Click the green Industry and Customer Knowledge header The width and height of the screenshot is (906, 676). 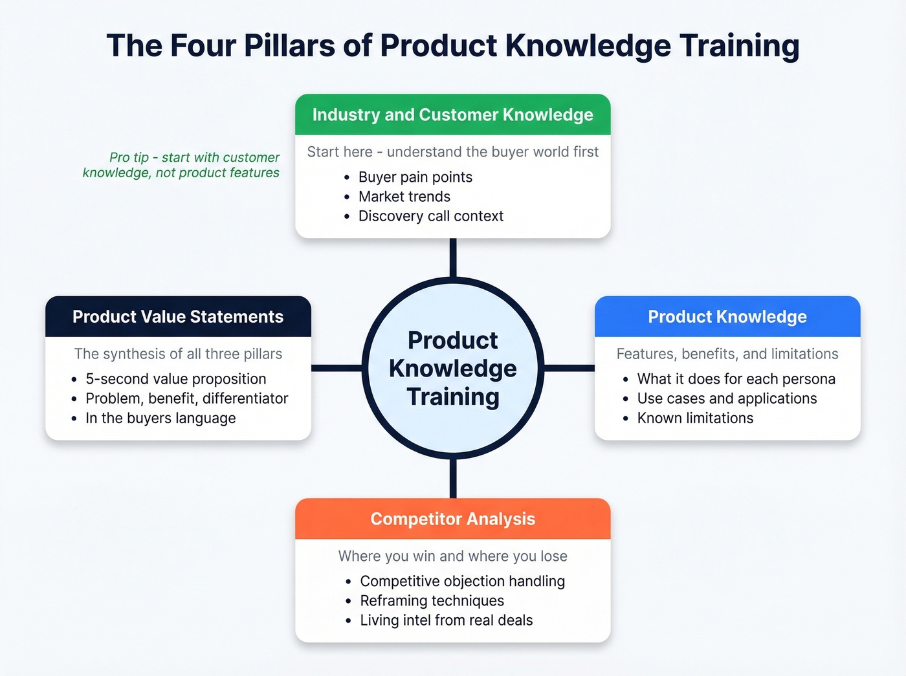[x=452, y=114]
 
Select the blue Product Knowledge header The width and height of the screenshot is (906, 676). [x=727, y=316]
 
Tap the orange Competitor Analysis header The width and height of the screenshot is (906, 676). [x=452, y=519]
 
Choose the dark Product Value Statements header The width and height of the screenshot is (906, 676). [x=178, y=316]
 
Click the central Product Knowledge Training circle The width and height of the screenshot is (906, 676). [x=452, y=368]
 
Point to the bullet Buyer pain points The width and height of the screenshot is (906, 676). [x=415, y=177]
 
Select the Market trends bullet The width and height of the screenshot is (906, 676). [x=404, y=197]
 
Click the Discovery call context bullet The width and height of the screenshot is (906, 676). [x=430, y=216]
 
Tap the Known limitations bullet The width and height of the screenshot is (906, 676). [x=694, y=419]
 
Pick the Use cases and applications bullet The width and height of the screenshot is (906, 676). [x=726, y=398]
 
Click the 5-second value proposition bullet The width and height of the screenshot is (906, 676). [x=175, y=379]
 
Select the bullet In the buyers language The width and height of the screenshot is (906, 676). [x=160, y=419]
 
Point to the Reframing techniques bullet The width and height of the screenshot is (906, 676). [x=432, y=601]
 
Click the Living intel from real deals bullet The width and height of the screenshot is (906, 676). [x=446, y=620]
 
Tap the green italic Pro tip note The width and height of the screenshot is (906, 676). [x=182, y=165]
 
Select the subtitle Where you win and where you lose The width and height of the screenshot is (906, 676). [x=452, y=556]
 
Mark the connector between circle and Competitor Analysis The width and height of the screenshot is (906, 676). [x=452, y=479]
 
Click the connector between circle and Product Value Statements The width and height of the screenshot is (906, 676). [x=337, y=368]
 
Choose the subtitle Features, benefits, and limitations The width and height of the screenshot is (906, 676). [x=727, y=354]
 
